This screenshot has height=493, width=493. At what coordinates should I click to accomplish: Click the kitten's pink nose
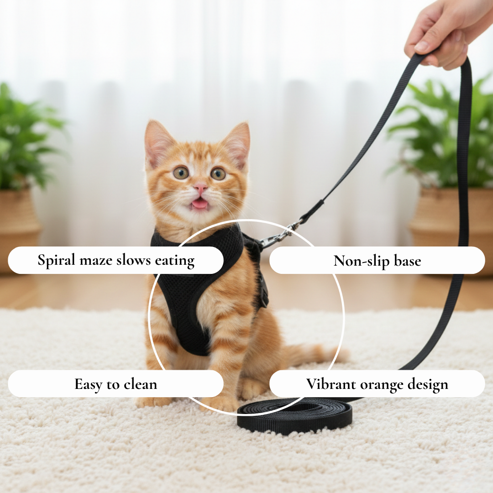(x=200, y=188)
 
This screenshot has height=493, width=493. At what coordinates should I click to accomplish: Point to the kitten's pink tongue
(x=199, y=204)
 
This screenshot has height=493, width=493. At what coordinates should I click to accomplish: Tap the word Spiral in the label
(x=57, y=261)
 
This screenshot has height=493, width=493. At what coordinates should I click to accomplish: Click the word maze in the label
(x=97, y=261)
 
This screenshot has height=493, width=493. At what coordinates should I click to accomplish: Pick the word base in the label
(x=407, y=261)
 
